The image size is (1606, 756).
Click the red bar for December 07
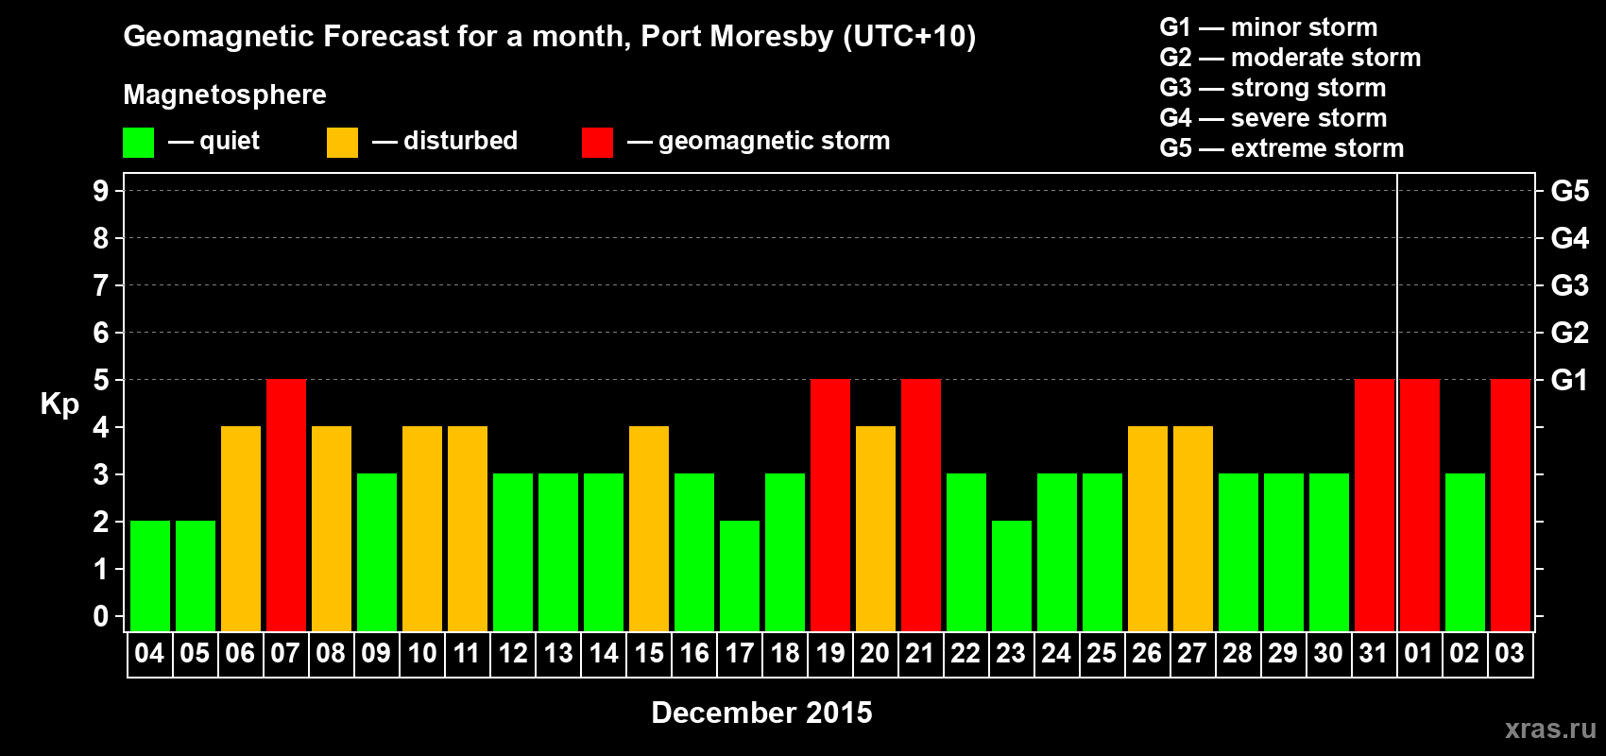(x=286, y=505)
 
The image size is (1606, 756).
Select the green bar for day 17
(x=740, y=576)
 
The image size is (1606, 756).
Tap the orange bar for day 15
(x=649, y=528)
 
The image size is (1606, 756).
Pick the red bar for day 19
(x=830, y=505)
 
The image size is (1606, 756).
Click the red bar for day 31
(x=1375, y=505)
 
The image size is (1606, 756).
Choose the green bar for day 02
(x=1465, y=552)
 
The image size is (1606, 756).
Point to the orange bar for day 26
(x=1148, y=528)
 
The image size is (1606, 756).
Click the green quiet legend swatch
(x=138, y=143)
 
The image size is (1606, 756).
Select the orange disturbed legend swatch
(x=342, y=143)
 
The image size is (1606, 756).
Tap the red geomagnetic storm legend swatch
(x=597, y=143)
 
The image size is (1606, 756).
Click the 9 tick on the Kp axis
(x=101, y=191)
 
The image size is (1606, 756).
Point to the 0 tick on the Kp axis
(x=101, y=617)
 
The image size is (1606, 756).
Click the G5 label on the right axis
(x=1569, y=191)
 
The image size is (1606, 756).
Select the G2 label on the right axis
(x=1569, y=333)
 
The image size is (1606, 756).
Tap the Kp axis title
(x=60, y=404)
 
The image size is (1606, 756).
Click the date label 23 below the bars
(x=1011, y=653)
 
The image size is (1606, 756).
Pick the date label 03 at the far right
(x=1510, y=653)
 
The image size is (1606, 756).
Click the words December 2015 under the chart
(x=761, y=713)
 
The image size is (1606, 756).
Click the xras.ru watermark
(x=1550, y=729)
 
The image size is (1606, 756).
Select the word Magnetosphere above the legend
(x=225, y=94)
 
